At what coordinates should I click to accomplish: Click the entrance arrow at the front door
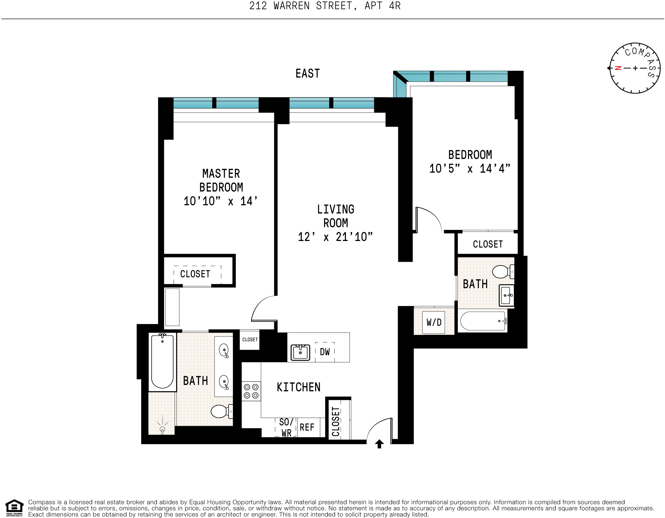point(379,444)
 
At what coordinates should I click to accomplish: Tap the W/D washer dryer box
point(434,322)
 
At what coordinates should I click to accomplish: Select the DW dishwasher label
point(325,352)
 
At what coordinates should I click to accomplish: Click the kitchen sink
point(300,353)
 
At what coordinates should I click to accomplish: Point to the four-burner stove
point(251,391)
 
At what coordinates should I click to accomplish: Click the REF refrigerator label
point(307,427)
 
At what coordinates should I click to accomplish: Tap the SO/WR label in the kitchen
point(286,427)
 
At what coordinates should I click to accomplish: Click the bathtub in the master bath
point(162,361)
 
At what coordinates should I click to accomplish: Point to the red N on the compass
point(618,68)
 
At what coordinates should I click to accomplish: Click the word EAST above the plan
point(307,74)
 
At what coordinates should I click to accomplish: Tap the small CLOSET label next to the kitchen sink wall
point(250,340)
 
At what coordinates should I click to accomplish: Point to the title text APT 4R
point(382,6)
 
